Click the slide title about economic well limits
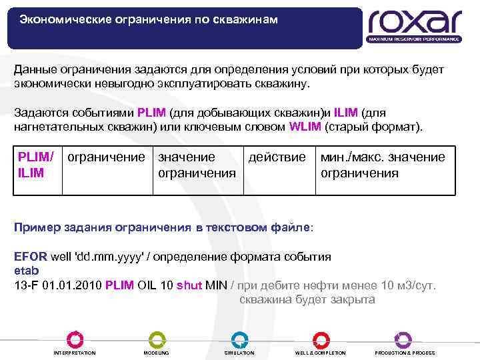point(148,19)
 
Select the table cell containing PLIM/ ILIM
point(36,164)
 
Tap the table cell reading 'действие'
point(277,157)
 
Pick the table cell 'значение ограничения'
point(196,165)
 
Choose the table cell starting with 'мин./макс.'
point(383,165)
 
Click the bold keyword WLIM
point(306,127)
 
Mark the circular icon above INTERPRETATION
point(74,339)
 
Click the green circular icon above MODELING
point(156,339)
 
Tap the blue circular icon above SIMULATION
point(239,339)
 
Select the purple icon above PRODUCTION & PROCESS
point(403,339)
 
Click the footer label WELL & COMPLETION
point(320,353)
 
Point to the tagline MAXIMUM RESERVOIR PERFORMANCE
point(413,39)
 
